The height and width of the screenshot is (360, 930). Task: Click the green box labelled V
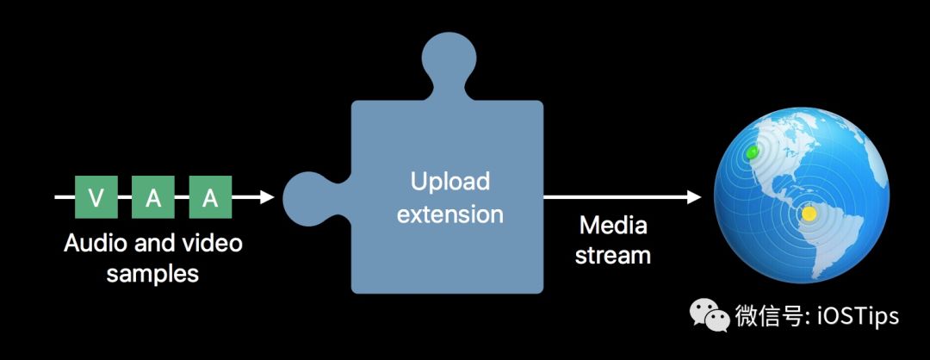[x=96, y=197]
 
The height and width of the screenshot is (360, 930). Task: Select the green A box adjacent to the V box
[x=153, y=197]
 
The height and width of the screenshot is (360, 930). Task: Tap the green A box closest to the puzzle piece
[x=210, y=197]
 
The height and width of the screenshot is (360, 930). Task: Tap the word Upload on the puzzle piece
[x=449, y=182]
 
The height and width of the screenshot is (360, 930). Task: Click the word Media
[x=613, y=226]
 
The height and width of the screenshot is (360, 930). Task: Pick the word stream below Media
[x=613, y=256]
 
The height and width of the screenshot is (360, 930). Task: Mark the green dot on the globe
[x=753, y=152]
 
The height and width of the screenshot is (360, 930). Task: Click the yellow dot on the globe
[x=808, y=213]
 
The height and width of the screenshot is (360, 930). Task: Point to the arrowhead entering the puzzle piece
[x=266, y=197]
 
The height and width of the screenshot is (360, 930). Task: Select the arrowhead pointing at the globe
[x=693, y=197]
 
